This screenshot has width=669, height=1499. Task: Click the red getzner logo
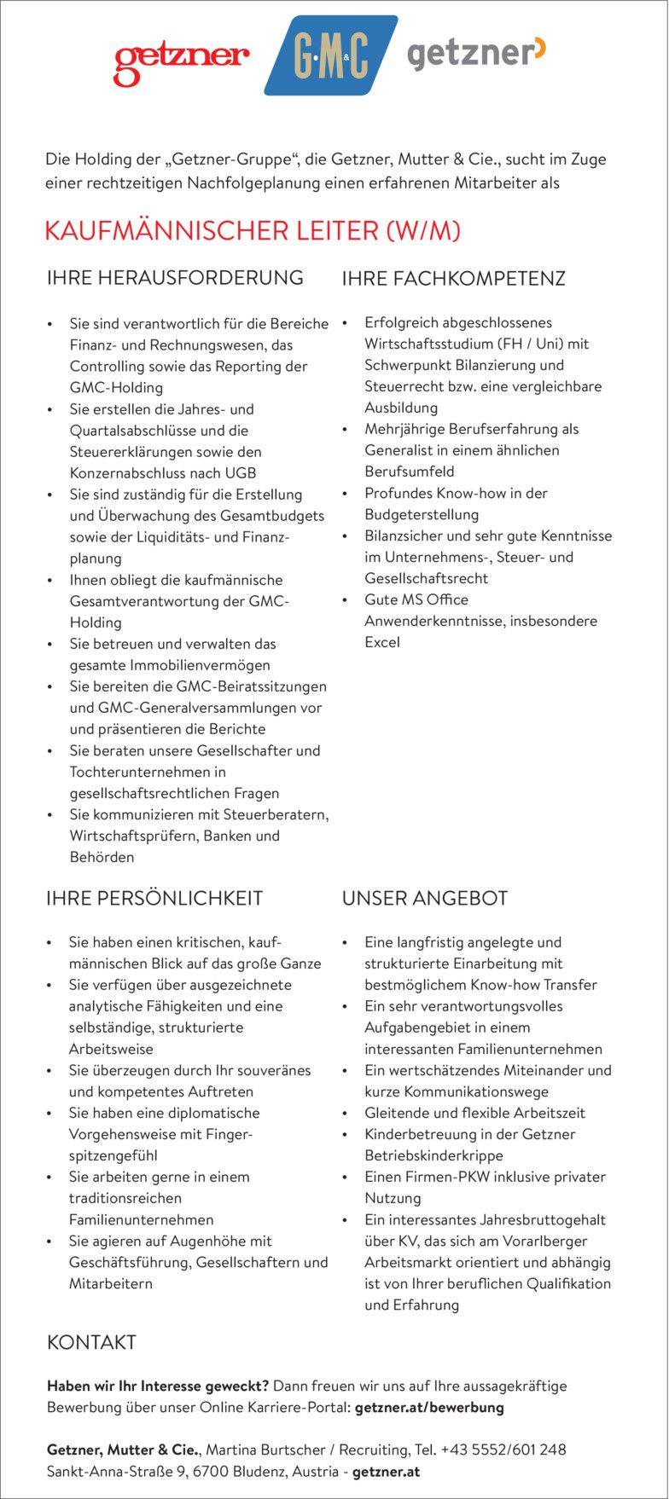click(x=181, y=61)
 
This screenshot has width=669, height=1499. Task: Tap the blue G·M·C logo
click(x=331, y=56)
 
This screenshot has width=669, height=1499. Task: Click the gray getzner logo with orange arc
click(x=476, y=54)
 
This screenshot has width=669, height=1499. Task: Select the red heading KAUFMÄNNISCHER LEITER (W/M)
click(x=253, y=231)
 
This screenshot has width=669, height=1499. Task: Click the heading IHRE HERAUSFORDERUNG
click(x=175, y=278)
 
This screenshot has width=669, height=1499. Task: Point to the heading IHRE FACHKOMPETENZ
click(x=453, y=279)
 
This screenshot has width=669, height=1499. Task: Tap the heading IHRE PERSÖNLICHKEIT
click(x=154, y=898)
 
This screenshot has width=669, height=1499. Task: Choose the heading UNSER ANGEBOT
click(x=424, y=898)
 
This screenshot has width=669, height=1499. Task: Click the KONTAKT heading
click(x=91, y=1342)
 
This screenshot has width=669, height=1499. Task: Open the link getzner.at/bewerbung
click(x=428, y=1407)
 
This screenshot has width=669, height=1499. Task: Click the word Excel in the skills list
click(x=381, y=642)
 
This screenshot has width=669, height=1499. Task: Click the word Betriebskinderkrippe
click(x=433, y=1155)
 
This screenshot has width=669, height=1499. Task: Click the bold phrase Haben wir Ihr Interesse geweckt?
click(x=158, y=1386)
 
